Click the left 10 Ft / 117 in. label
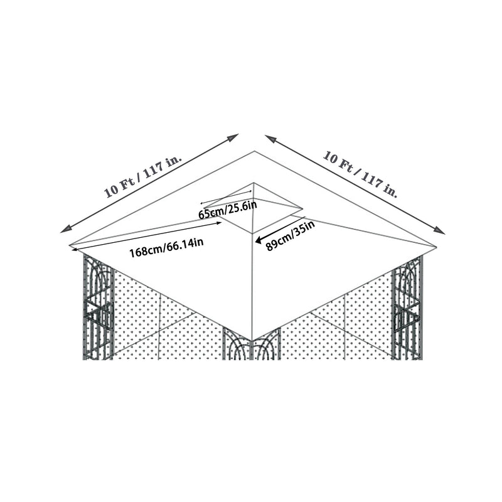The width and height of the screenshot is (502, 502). [143, 176]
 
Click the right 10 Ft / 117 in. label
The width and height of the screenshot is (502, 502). [360, 174]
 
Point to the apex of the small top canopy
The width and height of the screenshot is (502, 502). [254, 183]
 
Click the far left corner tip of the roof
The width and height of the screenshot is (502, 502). [70, 245]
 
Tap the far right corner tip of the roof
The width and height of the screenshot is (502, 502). [436, 245]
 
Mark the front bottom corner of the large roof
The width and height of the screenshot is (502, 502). [252, 341]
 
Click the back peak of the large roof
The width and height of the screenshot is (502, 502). [254, 151]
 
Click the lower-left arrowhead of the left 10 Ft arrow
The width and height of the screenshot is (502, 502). [63, 230]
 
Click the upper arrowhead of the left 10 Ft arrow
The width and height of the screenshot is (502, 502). [236, 136]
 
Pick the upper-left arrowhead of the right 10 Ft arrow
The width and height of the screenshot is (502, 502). [268, 137]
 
